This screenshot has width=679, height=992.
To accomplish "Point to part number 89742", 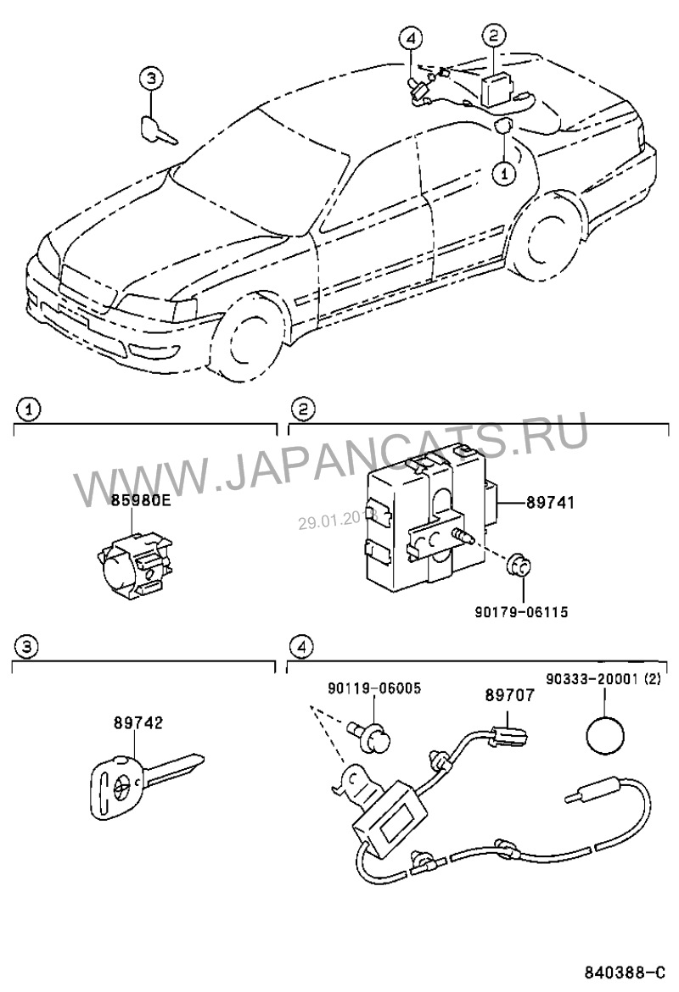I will [x=137, y=723].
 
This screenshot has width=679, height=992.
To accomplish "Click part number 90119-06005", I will [x=374, y=688].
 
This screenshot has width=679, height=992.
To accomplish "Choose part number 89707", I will [x=509, y=694].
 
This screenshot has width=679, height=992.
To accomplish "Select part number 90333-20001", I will [x=603, y=679].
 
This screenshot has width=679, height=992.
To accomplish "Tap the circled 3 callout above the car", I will [x=149, y=80].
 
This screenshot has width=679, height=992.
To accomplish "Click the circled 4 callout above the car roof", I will [x=410, y=38].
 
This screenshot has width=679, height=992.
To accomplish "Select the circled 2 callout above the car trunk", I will [x=494, y=35].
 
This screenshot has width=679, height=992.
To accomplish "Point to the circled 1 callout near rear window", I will [x=502, y=173].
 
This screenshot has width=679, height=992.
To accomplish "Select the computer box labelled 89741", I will [x=424, y=517].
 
